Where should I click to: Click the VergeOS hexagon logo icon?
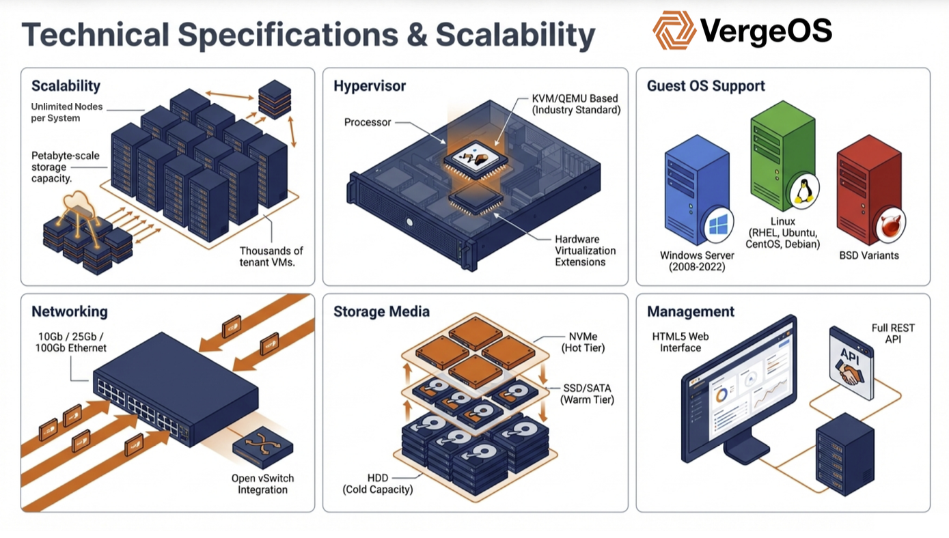coord(674,30)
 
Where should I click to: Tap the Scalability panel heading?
coord(66,86)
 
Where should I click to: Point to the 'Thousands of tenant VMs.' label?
coord(271,257)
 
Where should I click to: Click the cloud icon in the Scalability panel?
coord(79,201)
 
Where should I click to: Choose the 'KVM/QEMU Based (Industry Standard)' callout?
coord(576,104)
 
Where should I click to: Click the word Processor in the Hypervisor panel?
coord(368,122)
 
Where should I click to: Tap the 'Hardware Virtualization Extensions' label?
coord(585,251)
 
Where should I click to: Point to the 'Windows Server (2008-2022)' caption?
coord(697,261)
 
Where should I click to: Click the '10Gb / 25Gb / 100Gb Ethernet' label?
coord(71,343)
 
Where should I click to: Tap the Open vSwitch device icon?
coord(262,447)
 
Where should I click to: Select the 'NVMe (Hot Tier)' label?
coord(583,343)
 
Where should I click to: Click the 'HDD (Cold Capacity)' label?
coord(377,483)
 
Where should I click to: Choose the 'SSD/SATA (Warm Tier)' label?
coord(587,393)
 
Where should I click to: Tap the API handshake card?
coord(851,363)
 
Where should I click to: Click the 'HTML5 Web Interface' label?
coord(680,342)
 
